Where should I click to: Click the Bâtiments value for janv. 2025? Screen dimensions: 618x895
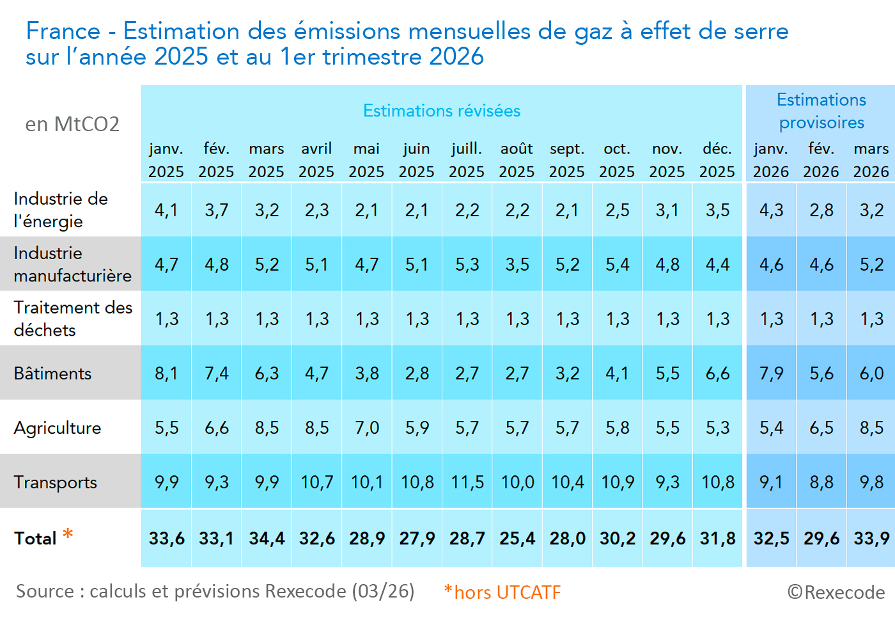pyautogui.click(x=166, y=374)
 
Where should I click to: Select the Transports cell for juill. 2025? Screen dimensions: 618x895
pyautogui.click(x=467, y=482)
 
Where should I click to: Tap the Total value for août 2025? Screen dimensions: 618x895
pyautogui.click(x=517, y=539)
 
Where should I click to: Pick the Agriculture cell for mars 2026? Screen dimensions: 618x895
pyautogui.click(x=871, y=428)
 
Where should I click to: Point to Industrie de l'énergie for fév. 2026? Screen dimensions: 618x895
pyautogui.click(x=821, y=210)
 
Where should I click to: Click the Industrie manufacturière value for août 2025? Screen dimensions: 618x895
pyautogui.click(x=517, y=265)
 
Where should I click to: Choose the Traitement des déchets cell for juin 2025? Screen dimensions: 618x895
pyautogui.click(x=417, y=319)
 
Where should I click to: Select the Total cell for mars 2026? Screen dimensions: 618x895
pyautogui.click(x=871, y=539)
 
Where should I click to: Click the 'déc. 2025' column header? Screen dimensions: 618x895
pyautogui.click(x=717, y=161)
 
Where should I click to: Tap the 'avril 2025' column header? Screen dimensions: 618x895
pyautogui.click(x=316, y=161)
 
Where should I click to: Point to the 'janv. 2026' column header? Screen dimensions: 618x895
pyautogui.click(x=771, y=161)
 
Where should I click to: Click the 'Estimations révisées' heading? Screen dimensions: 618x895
pyautogui.click(x=442, y=111)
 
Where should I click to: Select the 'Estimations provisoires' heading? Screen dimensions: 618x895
pyautogui.click(x=821, y=111)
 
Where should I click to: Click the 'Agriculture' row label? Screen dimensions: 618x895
pyautogui.click(x=58, y=428)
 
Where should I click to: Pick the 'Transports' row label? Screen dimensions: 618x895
pyautogui.click(x=56, y=482)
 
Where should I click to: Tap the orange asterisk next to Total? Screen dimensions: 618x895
pyautogui.click(x=68, y=534)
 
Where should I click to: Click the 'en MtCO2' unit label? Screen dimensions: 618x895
pyautogui.click(x=72, y=124)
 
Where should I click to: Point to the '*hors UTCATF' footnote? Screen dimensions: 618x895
pyautogui.click(x=502, y=592)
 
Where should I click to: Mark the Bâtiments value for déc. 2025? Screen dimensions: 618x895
pyautogui.click(x=717, y=374)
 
